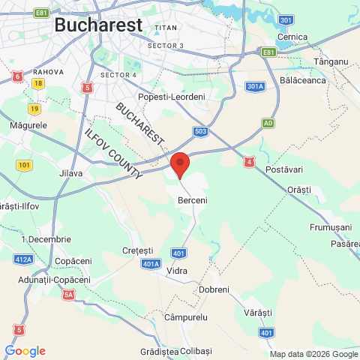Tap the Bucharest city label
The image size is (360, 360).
(98, 25)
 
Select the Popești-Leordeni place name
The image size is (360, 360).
(177, 97)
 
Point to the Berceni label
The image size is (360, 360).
(193, 201)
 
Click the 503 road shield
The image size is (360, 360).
(201, 131)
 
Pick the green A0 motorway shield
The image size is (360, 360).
(268, 122)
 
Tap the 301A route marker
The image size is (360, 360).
(255, 86)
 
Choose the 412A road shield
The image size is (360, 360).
(23, 259)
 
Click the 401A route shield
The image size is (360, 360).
(151, 264)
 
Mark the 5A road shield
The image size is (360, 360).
(69, 295)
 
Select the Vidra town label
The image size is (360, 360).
(178, 270)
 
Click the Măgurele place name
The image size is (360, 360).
(28, 125)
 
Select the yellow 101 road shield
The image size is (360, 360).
(25, 165)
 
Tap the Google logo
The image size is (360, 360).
(25, 351)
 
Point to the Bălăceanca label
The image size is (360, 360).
(301, 79)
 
